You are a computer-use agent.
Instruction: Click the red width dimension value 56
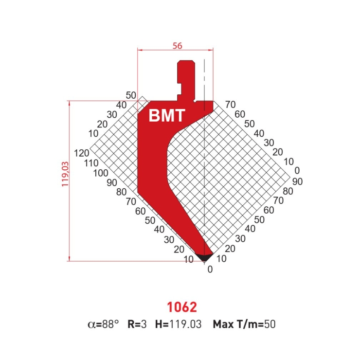point(178,46)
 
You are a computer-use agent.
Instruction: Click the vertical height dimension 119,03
point(65,174)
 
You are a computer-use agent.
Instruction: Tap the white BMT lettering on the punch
point(167,115)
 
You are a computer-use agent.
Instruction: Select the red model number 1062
point(182,307)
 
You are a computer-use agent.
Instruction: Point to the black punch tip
point(204,257)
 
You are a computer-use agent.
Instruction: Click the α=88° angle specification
point(103,324)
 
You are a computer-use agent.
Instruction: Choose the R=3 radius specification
point(137,324)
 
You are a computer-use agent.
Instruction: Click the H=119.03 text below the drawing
point(178,324)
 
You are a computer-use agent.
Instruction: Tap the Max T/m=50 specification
point(244,324)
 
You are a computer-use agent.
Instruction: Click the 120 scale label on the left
point(82,153)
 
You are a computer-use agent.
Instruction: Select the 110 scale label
point(91,163)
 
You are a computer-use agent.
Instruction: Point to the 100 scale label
point(101,173)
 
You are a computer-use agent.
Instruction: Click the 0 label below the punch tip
point(210,270)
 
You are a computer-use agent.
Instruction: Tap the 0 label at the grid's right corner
point(297,170)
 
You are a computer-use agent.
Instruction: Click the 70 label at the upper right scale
point(231,105)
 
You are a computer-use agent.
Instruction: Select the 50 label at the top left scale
point(131,95)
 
